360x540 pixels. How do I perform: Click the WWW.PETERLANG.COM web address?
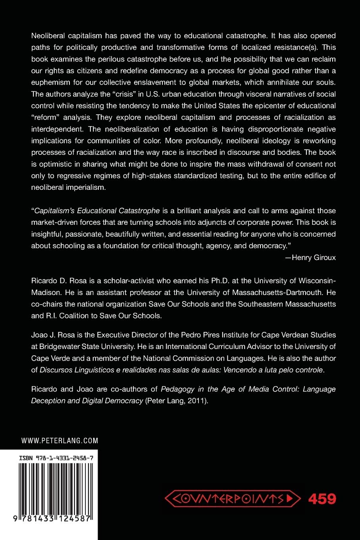coord(60,440)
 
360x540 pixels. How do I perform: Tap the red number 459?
coord(322,498)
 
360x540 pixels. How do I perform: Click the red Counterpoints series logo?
coord(232,498)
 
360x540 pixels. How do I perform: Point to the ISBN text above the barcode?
coord(56,458)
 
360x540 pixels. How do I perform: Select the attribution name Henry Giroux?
coord(314,257)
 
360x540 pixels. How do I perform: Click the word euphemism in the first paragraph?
coord(51,82)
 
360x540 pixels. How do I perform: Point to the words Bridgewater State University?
coord(84,346)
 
